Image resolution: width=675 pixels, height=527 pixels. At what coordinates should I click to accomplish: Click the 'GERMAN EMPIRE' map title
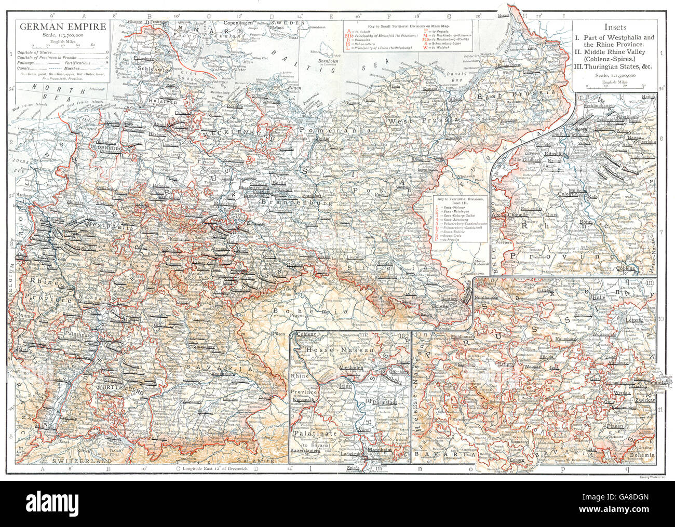point(61,26)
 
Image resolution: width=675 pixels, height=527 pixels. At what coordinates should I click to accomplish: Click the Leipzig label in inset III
point(634,320)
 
